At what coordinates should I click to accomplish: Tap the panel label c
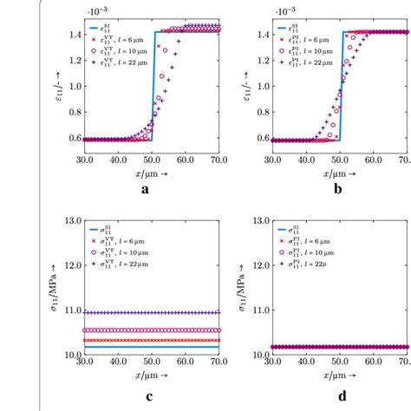point(146,399)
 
